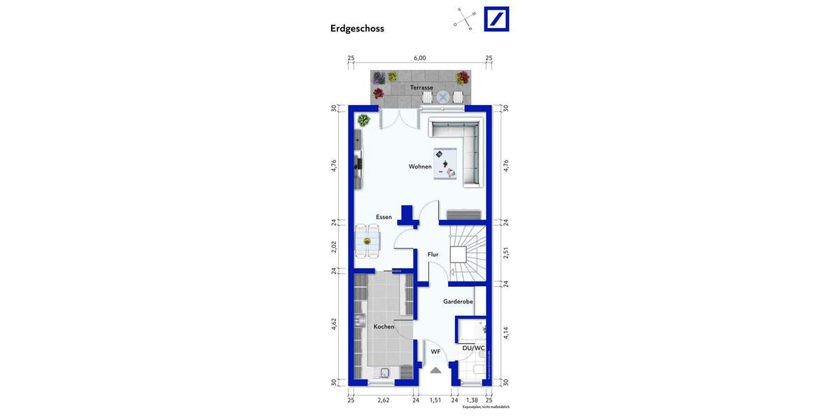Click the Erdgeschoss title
coord(357,29)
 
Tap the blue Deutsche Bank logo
coord(496,19)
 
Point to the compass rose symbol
coord(465,19)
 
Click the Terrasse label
coord(421,87)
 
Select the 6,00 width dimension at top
coord(419,58)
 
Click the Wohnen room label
coord(420,167)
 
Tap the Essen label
coord(384,217)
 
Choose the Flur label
coord(433,254)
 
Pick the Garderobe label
coord(458,302)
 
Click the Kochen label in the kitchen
coord(384,327)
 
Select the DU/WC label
coord(473,348)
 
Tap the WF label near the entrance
coord(435,351)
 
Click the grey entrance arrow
coord(435,370)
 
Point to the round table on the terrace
coord(443,97)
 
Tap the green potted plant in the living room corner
coord(363,120)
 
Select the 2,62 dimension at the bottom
coord(383,400)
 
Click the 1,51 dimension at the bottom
coord(435,400)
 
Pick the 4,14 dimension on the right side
coord(505,333)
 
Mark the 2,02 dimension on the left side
coord(334,246)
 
